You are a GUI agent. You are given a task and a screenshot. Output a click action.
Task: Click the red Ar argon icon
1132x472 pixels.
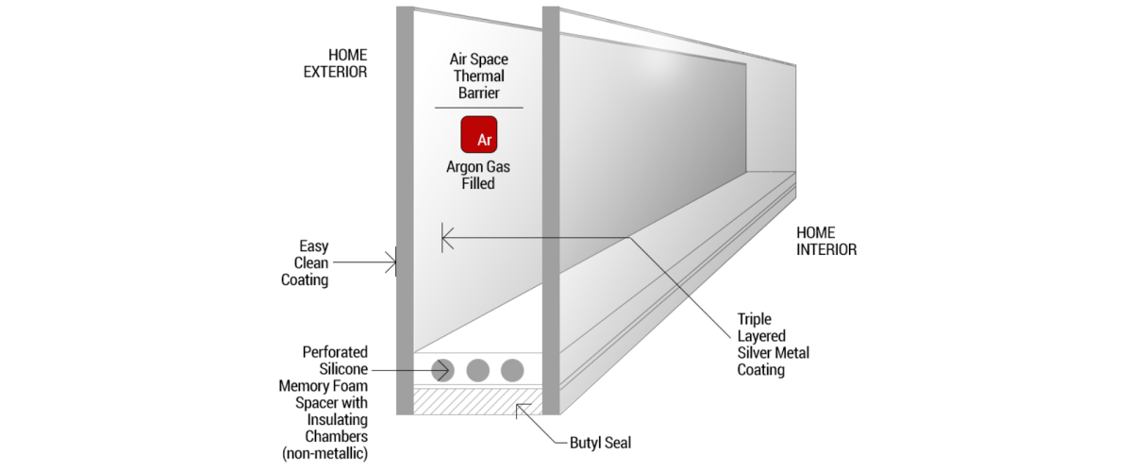pyautogui.click(x=478, y=134)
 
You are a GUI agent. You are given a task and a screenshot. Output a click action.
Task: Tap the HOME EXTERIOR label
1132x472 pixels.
pyautogui.click(x=334, y=62)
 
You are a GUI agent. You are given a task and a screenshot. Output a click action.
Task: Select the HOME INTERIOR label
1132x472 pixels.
pyautogui.click(x=826, y=241)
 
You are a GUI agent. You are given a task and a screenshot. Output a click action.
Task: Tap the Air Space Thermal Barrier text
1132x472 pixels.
pyautogui.click(x=478, y=76)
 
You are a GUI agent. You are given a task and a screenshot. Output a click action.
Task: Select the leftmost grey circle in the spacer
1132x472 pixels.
pyautogui.click(x=442, y=370)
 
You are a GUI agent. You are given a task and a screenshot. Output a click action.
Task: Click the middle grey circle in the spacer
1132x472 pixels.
pyautogui.click(x=477, y=370)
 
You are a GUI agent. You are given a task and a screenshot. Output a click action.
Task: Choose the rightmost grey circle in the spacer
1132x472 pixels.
pyautogui.click(x=512, y=370)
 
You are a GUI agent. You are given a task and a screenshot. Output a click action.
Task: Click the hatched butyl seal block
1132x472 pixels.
pyautogui.click(x=477, y=400)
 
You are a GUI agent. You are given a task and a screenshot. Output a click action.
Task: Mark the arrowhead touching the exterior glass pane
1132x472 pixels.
pyautogui.click(x=391, y=261)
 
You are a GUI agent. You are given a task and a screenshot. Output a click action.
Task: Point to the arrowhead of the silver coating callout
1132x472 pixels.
pyautogui.click(x=445, y=237)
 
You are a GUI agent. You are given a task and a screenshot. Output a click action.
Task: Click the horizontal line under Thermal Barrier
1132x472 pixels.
pyautogui.click(x=478, y=108)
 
